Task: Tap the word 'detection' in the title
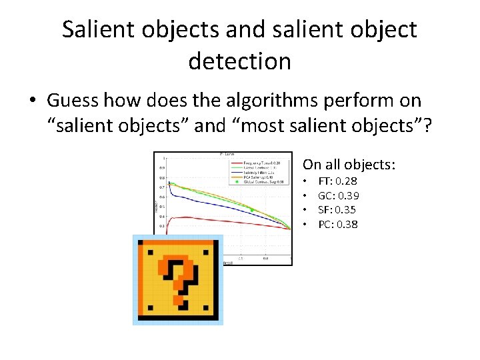point(239,61)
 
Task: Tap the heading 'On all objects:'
point(349,164)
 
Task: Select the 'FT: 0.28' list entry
point(337,181)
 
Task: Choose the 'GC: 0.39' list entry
point(338,195)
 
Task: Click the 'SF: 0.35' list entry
point(337,210)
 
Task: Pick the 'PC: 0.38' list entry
point(338,224)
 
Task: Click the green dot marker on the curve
point(252,209)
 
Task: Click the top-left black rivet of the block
point(150,252)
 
